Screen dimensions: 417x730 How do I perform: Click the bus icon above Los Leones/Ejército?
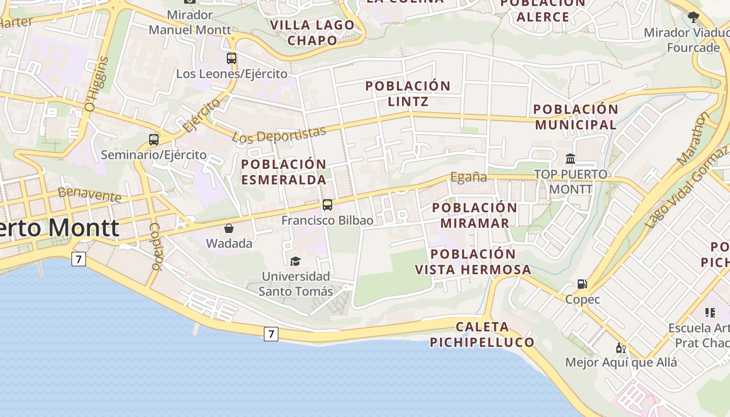point(232,58)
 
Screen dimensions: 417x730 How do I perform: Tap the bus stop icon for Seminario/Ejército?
point(153,140)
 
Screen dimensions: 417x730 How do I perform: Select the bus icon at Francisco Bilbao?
point(327,205)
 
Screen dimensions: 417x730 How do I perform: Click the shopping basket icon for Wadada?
point(228,228)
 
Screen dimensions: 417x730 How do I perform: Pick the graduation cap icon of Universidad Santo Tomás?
point(296,261)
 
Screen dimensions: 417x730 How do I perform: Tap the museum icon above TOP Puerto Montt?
point(570,158)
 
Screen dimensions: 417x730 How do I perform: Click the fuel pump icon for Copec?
point(582,284)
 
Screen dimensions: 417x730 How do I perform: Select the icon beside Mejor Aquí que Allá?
point(620,348)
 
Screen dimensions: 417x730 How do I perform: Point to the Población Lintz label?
point(408,93)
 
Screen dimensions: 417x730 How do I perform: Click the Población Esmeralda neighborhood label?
point(284,172)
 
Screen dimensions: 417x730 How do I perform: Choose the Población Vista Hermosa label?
point(473,262)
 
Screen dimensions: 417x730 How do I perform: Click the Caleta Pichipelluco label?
point(482,335)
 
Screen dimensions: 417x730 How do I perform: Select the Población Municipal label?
point(576,117)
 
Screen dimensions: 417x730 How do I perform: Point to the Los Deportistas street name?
point(279,134)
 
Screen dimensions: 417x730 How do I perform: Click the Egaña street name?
point(468,177)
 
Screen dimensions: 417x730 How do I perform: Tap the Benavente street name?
point(90,194)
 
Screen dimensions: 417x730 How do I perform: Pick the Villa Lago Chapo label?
point(312,32)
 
